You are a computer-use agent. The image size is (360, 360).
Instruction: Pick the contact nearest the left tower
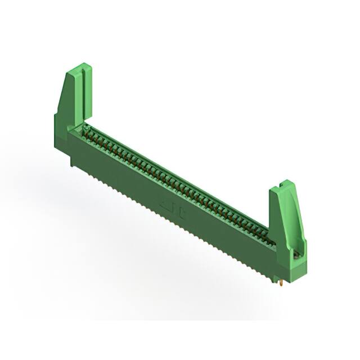(88, 133)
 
